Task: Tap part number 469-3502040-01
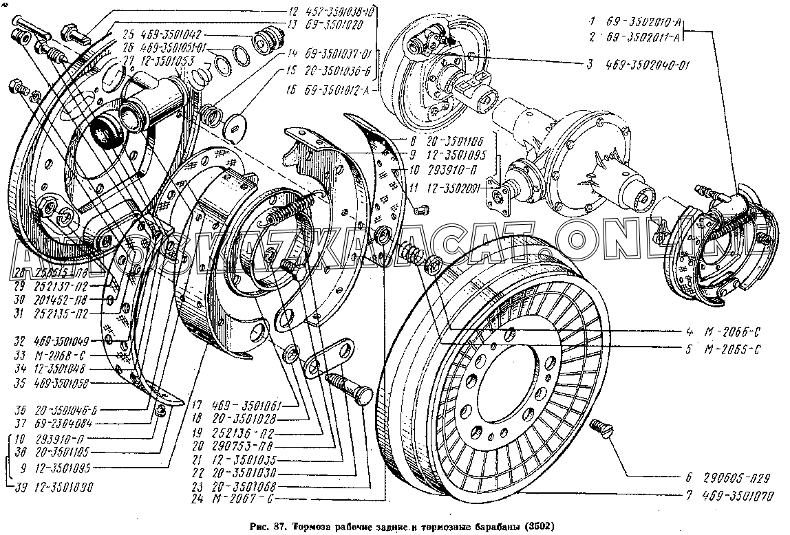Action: click(x=649, y=66)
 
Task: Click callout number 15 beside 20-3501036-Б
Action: click(x=292, y=70)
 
